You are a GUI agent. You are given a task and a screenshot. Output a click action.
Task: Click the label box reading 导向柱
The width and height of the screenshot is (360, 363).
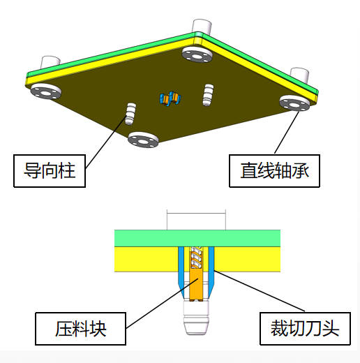tap(50, 171)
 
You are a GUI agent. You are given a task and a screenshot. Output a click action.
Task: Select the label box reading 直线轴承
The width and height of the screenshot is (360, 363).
tap(275, 171)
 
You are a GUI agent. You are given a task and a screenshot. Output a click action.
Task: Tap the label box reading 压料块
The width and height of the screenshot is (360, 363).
tap(81, 329)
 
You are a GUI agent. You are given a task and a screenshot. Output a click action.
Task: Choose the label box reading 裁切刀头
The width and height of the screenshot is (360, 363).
tap(305, 329)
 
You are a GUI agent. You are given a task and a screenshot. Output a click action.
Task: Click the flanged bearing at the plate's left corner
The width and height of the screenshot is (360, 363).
tap(46, 91)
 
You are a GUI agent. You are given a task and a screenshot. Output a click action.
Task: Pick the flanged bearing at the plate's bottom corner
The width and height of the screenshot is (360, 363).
tap(143, 140)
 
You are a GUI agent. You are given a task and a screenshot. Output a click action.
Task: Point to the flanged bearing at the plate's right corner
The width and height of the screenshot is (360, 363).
tap(294, 103)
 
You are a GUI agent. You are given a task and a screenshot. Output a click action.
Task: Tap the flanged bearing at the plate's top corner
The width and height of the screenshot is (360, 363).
tap(197, 54)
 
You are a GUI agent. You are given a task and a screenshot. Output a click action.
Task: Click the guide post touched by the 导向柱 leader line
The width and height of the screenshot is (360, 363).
tap(130, 114)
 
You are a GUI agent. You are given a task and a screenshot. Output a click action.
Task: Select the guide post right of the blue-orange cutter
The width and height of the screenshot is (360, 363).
tap(208, 95)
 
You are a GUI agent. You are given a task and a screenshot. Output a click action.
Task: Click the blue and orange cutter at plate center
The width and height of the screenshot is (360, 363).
tap(170, 98)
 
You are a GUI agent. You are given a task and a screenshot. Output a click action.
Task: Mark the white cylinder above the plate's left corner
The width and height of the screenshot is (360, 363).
tap(50, 62)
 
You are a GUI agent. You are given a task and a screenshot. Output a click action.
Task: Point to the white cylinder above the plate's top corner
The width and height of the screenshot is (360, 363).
tap(202, 26)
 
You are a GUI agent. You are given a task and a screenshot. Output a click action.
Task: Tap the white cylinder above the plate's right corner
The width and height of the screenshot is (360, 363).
tap(300, 75)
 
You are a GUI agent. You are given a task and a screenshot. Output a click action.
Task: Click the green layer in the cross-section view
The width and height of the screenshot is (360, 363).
tap(197, 238)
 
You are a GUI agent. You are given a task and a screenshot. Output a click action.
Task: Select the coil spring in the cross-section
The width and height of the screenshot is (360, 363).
tap(195, 257)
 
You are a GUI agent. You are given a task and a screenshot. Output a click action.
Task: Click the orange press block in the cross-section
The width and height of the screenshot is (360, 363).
tap(197, 274)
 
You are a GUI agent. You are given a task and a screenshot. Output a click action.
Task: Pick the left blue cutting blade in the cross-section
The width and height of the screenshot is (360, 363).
tap(181, 271)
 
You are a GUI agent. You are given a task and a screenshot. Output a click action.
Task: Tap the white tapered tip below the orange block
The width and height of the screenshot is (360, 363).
tap(196, 318)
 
